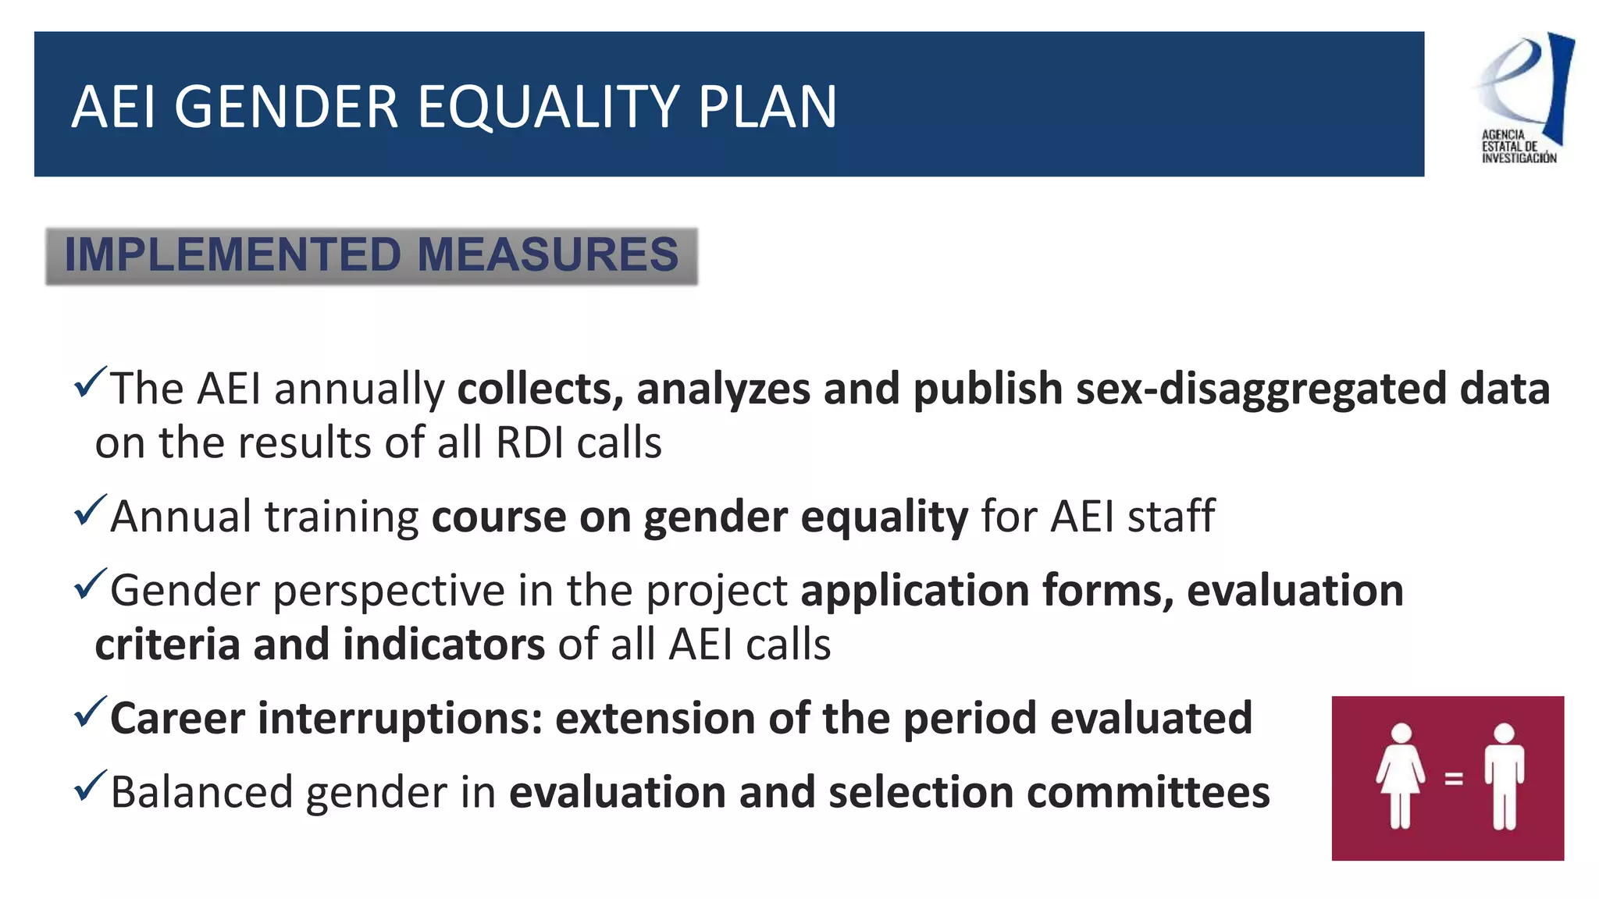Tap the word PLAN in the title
pos(767,107)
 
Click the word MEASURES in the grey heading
pos(548,254)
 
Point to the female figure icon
pos(1401,776)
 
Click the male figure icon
pos(1504,776)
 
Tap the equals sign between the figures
pos(1453,778)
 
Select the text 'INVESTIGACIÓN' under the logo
pos(1519,158)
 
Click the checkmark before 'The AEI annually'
pos(90,382)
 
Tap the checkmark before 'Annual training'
pos(90,510)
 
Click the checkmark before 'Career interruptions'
pos(90,712)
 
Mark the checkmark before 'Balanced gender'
pos(90,786)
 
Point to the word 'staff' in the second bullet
pos(1171,517)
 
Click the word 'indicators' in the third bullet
pos(443,645)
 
